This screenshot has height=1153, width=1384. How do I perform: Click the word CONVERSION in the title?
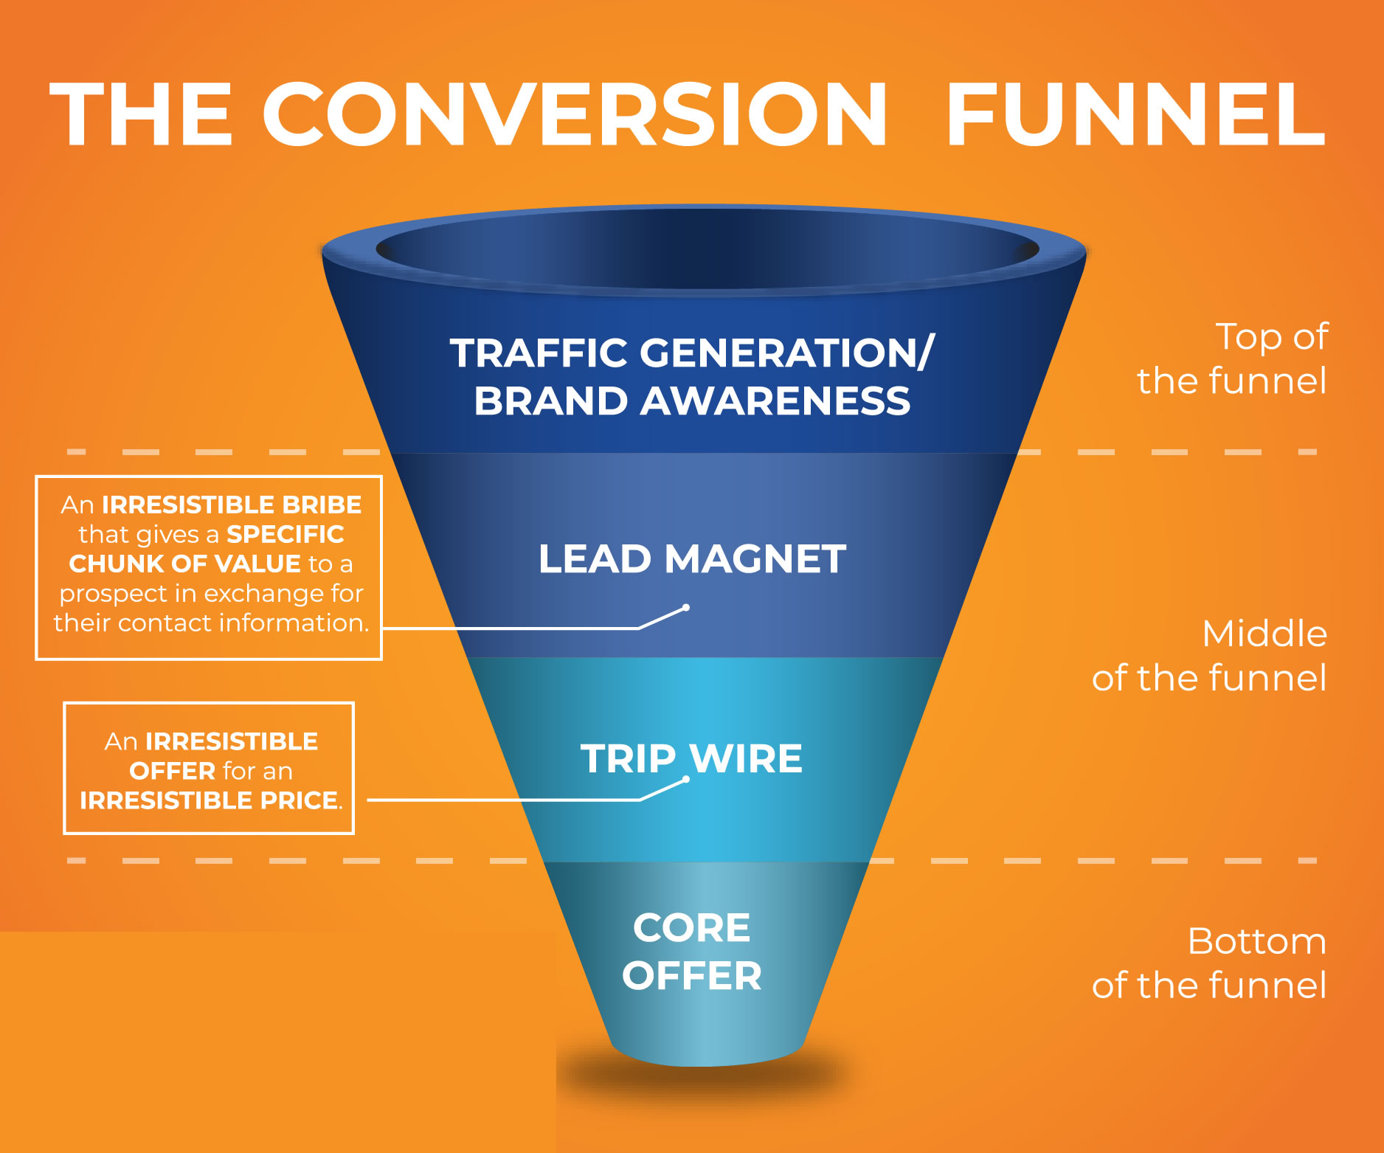click(575, 114)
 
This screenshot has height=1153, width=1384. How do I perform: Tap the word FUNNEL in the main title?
click(1136, 114)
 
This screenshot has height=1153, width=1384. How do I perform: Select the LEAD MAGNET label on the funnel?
click(692, 558)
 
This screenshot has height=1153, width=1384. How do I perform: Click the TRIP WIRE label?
click(691, 758)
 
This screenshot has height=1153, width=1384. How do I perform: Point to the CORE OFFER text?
click(692, 951)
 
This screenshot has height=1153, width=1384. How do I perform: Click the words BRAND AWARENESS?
click(692, 401)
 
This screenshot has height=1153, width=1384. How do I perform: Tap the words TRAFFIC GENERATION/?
click(692, 353)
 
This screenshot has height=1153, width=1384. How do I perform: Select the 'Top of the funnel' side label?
click(1232, 359)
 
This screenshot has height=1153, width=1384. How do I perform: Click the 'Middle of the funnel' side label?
click(1209, 655)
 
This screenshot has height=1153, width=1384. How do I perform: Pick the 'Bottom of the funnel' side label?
click(1209, 963)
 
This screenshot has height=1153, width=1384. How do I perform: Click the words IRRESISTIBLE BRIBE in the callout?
click(232, 505)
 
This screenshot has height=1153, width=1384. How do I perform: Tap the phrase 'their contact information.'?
click(211, 623)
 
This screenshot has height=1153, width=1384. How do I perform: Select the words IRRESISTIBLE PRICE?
click(211, 800)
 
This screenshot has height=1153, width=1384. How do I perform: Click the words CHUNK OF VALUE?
click(184, 564)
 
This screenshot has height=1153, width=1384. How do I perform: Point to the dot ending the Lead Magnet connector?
click(686, 608)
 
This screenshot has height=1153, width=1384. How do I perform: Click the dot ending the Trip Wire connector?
click(686, 780)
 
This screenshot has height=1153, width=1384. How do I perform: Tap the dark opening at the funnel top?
click(707, 249)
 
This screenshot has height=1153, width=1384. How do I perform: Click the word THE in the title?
click(141, 114)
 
